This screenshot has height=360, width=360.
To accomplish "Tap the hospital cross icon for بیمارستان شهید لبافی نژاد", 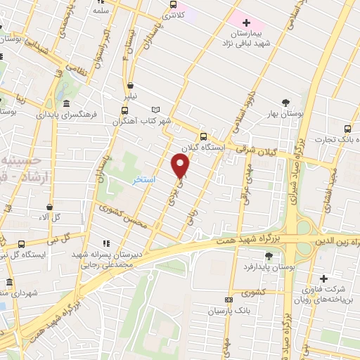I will [x=246, y=23].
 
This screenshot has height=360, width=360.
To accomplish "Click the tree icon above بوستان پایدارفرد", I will [x=269, y=255].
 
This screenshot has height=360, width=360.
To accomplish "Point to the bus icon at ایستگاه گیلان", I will [x=203, y=136].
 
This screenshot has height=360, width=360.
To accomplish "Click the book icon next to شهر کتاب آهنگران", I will [x=156, y=109].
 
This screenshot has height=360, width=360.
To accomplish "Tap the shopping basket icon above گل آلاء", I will [x=49, y=207].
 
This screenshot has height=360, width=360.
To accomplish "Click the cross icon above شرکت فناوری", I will [x=323, y=279].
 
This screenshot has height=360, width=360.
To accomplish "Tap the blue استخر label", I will [x=145, y=180].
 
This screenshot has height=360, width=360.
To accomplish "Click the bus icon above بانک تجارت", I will [x=347, y=129].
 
